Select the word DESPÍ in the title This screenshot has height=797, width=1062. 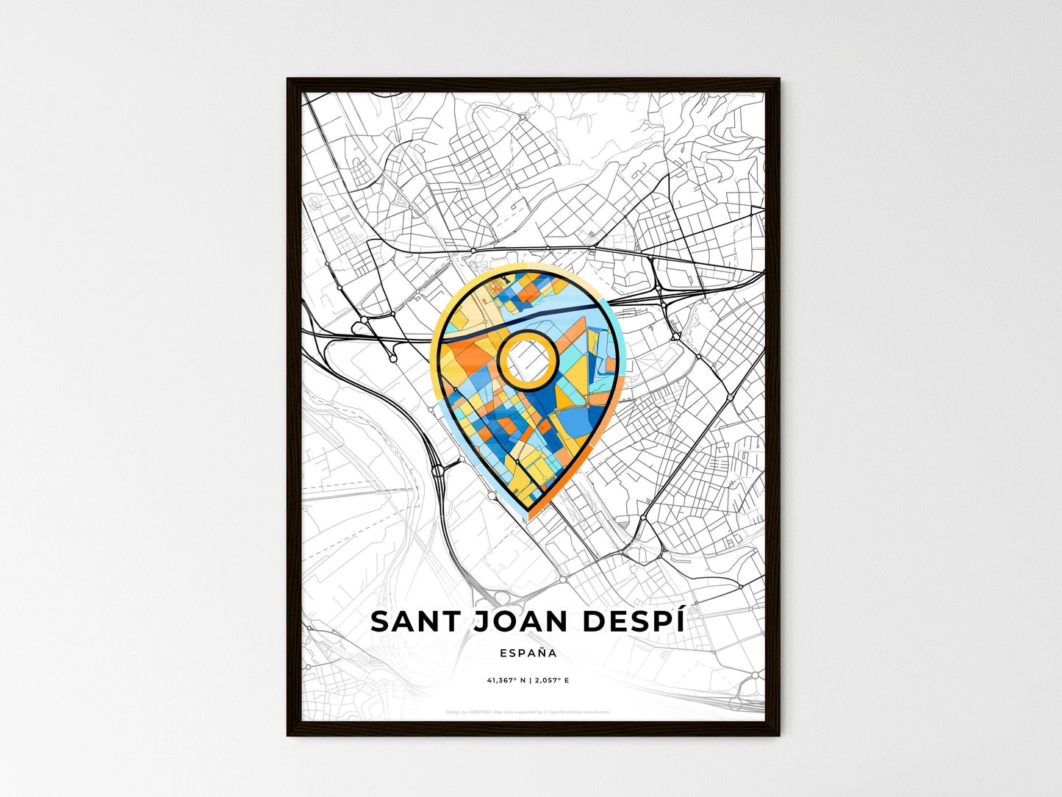click(x=633, y=621)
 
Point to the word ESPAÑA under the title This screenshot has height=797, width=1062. click(x=527, y=653)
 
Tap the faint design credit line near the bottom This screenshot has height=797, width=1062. click(x=528, y=712)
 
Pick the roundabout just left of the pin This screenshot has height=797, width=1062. click(x=439, y=468)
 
